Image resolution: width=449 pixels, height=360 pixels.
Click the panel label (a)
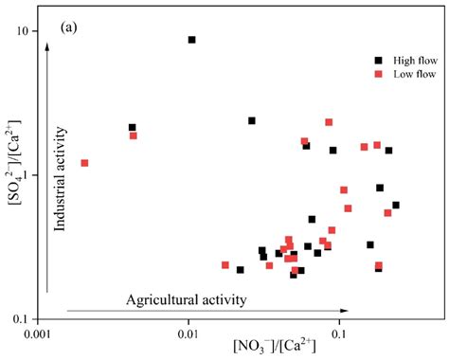(x=69, y=27)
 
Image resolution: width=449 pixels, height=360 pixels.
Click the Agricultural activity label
(x=187, y=299)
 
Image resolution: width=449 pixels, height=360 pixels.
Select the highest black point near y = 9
(x=191, y=40)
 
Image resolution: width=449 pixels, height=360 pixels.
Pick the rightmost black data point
(x=396, y=205)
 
